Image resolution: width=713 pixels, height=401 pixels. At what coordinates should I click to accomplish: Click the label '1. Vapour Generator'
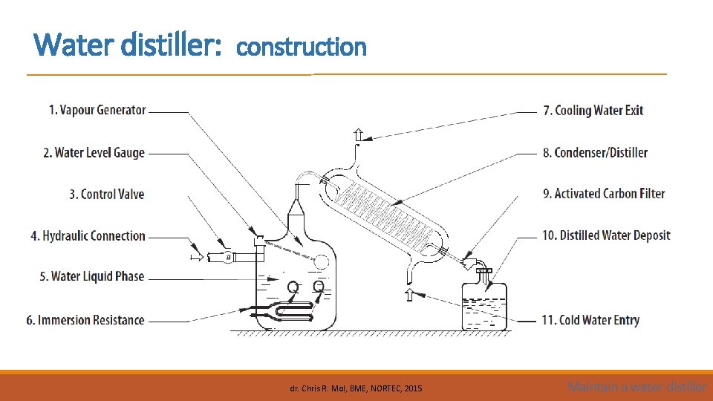[x=97, y=110]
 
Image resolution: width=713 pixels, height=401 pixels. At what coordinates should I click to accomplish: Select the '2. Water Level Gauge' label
[x=94, y=152]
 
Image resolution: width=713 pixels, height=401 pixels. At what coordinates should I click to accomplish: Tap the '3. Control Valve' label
[x=107, y=194]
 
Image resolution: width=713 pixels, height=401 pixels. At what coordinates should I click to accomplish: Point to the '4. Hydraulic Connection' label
[x=88, y=235]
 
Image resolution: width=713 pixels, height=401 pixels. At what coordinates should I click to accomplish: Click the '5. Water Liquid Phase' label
[x=92, y=276]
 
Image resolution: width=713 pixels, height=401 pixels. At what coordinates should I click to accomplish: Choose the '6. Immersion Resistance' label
[x=85, y=320]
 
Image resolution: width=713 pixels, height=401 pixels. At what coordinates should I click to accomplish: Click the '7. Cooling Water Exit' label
[x=593, y=111]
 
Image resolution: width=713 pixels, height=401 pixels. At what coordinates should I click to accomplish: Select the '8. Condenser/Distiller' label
[x=596, y=152]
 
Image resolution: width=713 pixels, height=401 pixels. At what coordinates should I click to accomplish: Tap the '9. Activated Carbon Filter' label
[x=604, y=193]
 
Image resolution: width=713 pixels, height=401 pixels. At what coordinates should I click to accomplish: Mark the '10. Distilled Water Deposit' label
[x=606, y=235]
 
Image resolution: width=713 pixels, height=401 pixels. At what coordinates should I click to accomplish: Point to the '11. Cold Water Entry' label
[x=590, y=320]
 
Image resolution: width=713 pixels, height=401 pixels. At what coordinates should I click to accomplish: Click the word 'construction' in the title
[x=302, y=47]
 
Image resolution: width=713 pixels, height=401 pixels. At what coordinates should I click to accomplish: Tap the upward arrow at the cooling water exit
[x=358, y=134]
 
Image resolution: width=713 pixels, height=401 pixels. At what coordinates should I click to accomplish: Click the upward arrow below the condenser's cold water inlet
[x=408, y=295]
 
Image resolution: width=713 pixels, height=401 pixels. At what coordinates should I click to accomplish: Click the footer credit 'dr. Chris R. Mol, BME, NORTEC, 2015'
[x=356, y=388]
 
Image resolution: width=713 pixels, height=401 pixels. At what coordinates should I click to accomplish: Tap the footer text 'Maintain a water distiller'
[x=637, y=387]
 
